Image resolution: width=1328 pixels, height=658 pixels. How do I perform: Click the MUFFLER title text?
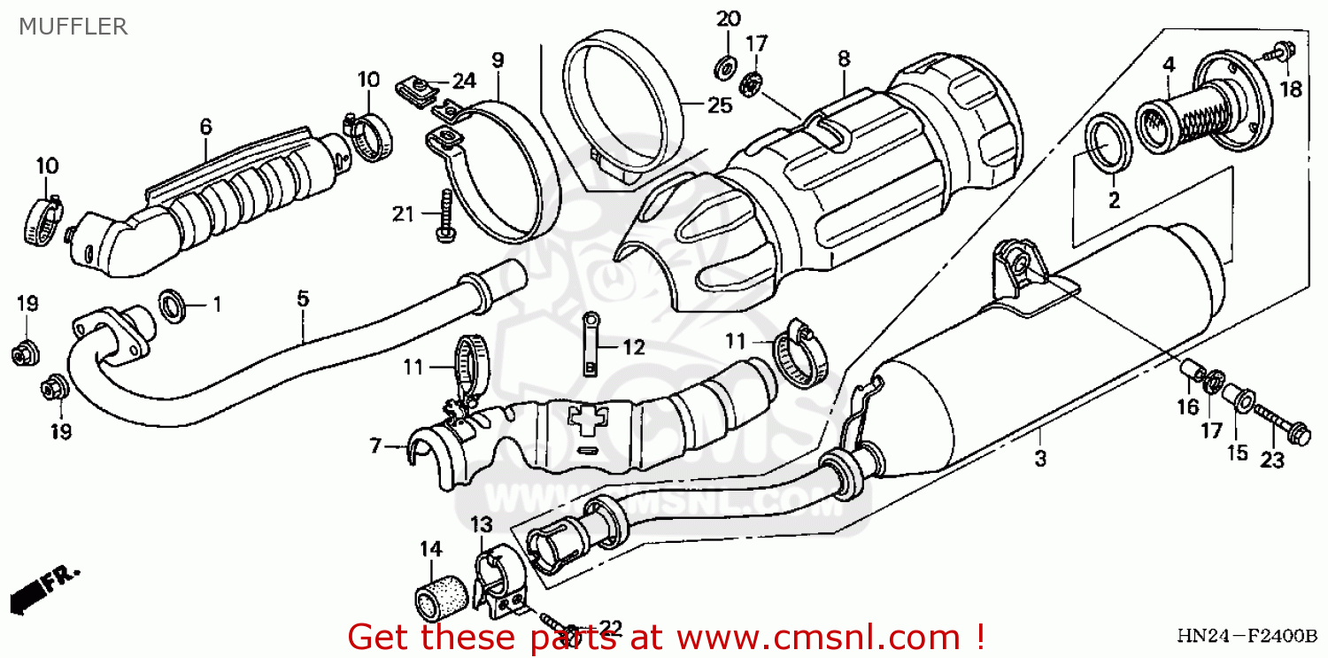click(73, 27)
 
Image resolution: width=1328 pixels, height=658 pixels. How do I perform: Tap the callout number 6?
click(205, 128)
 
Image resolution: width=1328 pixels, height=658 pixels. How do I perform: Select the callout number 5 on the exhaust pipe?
click(303, 299)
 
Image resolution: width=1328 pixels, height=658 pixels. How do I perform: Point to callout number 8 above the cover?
click(843, 59)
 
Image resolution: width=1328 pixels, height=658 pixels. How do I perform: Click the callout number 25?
click(720, 105)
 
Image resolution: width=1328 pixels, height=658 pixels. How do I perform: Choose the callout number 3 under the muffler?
click(1040, 459)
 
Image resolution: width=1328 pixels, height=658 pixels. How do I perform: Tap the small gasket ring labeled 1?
click(173, 306)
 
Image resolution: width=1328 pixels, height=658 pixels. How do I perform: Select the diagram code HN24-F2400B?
click(1247, 638)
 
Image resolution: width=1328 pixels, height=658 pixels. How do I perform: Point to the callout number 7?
click(375, 447)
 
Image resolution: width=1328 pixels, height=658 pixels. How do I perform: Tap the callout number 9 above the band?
click(498, 61)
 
